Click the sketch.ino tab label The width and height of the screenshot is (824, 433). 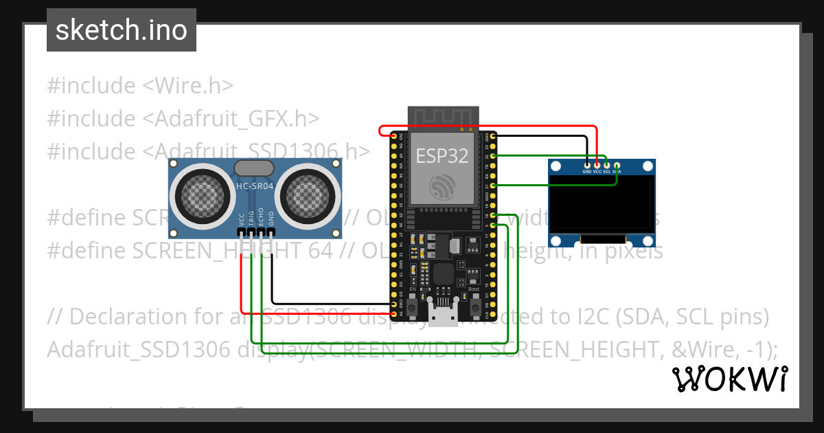click(x=121, y=30)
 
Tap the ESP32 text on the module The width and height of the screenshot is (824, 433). click(x=442, y=156)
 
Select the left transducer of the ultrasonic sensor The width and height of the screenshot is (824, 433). click(x=204, y=193)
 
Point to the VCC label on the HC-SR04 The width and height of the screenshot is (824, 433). click(x=242, y=219)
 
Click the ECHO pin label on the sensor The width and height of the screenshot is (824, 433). click(x=262, y=218)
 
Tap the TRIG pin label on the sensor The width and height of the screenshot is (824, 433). click(x=252, y=218)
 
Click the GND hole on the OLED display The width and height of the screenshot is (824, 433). click(x=587, y=165)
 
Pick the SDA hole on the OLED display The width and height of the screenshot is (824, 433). click(x=617, y=165)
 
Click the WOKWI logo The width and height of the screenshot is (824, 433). click(x=730, y=379)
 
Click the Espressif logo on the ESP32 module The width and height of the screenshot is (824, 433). click(x=442, y=186)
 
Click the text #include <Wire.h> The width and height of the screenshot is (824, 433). click(x=140, y=86)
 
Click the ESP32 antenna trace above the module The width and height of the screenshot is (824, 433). click(x=442, y=116)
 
